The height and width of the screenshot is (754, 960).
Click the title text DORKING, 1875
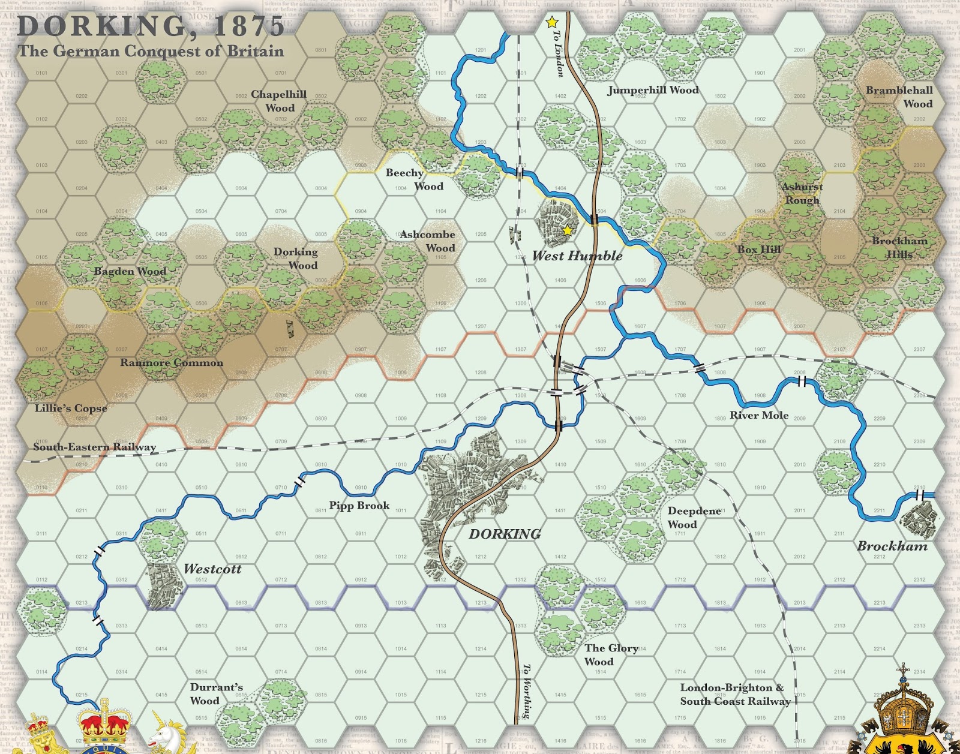(151, 26)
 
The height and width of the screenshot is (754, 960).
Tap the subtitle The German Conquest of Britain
(151, 51)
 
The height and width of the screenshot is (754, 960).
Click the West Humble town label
(577, 256)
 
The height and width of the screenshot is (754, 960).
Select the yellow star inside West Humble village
(567, 230)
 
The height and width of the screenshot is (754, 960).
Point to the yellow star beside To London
(551, 23)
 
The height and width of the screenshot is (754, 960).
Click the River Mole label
(759, 415)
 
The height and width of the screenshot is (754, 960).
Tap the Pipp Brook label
(359, 506)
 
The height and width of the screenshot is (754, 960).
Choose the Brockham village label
(892, 546)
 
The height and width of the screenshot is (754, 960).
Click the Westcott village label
(212, 569)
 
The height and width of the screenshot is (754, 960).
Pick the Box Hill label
(759, 250)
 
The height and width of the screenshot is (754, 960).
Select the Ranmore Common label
(172, 362)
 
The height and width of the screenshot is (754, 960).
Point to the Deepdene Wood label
(694, 517)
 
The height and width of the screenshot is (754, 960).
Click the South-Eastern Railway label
(94, 447)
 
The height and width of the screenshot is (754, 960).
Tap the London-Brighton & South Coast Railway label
(734, 694)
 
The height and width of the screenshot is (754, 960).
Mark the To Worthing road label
(526, 690)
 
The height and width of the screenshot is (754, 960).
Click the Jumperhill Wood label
(653, 90)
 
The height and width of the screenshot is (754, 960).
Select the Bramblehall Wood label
(899, 97)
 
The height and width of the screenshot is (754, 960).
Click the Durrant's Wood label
(216, 693)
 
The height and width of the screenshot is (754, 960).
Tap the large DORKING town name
(505, 534)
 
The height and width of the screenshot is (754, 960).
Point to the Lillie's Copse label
(71, 408)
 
